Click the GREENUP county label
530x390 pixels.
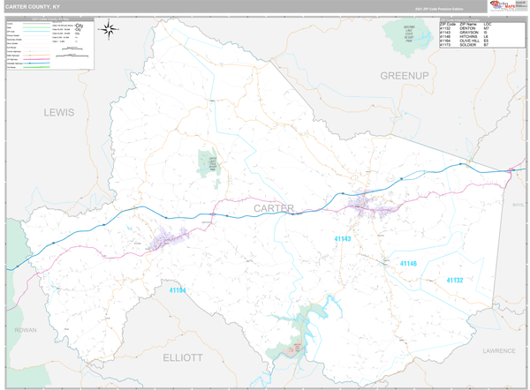[x=404, y=76]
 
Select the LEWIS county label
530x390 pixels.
[x=60, y=112]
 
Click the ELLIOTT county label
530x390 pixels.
[x=183, y=357]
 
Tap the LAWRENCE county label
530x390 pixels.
[x=498, y=350]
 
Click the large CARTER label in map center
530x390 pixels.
[x=274, y=208]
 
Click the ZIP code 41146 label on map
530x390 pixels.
[x=407, y=263]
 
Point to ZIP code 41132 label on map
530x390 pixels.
[x=453, y=280]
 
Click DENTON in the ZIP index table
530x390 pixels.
[x=469, y=27]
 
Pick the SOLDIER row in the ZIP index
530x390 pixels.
[x=469, y=45]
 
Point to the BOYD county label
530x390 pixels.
[x=518, y=206]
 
